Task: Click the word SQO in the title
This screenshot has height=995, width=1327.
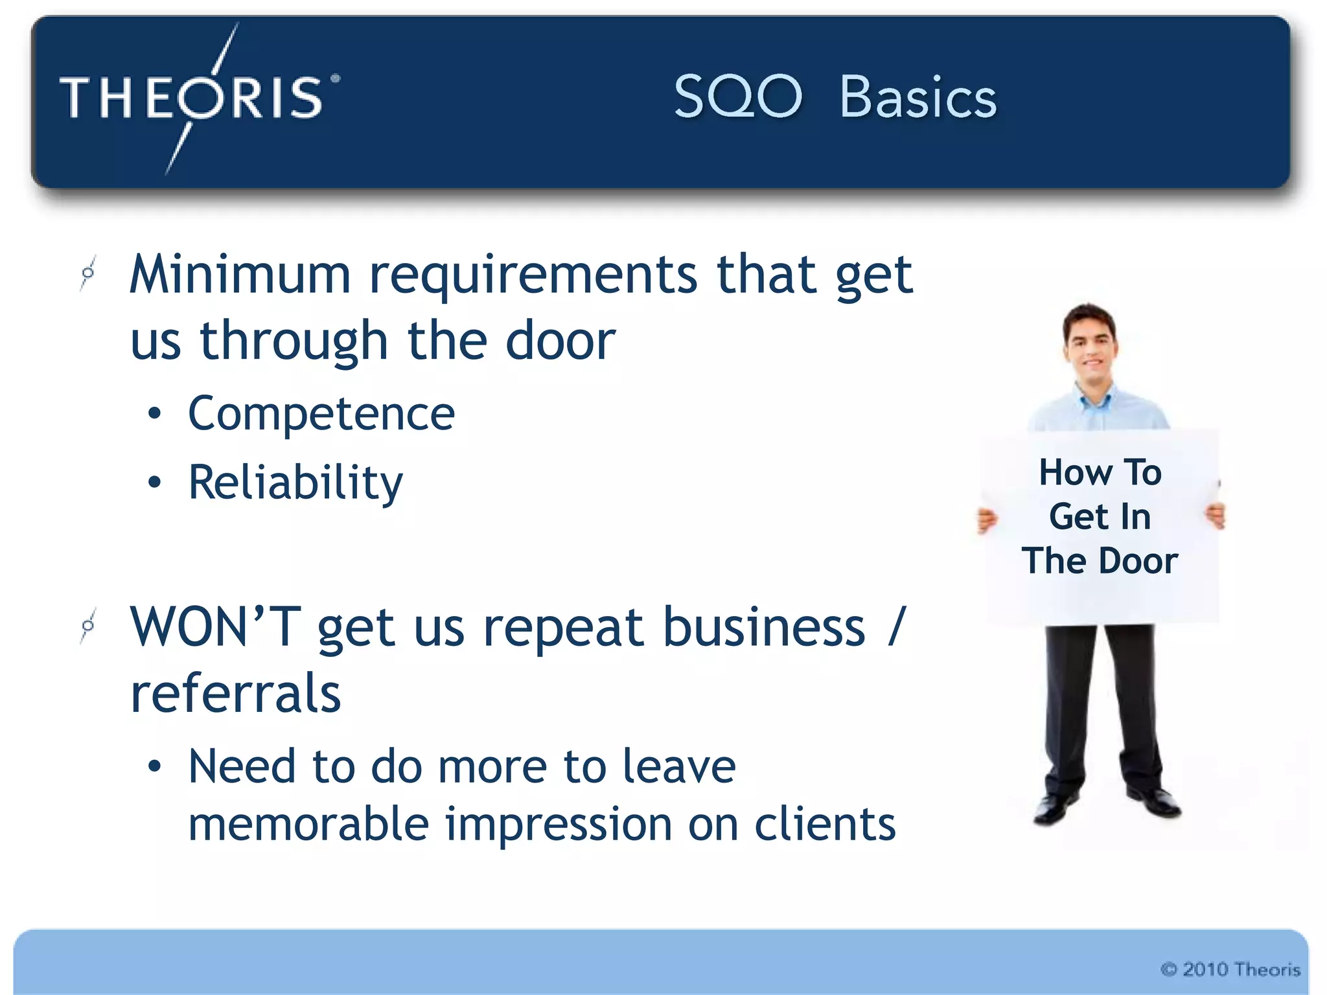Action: (737, 97)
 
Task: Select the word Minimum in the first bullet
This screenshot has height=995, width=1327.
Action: (240, 274)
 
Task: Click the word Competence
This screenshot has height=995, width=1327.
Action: (321, 414)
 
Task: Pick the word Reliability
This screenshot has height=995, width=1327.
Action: (295, 483)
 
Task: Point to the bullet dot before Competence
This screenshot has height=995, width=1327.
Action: (154, 414)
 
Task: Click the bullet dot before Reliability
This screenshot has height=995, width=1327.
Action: (154, 483)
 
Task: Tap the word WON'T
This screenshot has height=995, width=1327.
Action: (215, 627)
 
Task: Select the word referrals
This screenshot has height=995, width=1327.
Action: (235, 693)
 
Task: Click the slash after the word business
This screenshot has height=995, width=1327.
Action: (896, 626)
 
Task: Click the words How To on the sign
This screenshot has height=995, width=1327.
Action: (1100, 472)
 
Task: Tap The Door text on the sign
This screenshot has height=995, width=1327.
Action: (1100, 561)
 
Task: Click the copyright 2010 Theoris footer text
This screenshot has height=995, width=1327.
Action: (1230, 969)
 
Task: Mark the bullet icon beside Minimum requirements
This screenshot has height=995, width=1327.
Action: (88, 273)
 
